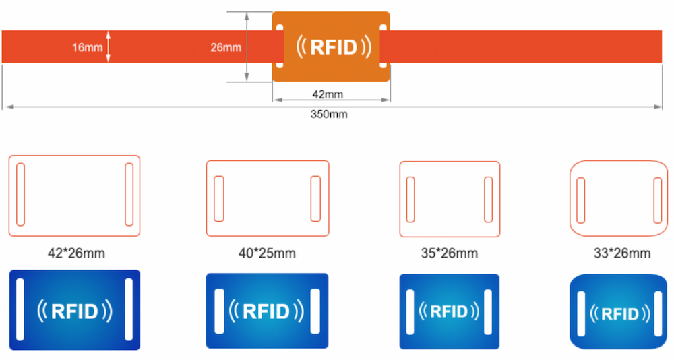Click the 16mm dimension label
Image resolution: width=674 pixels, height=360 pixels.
88,47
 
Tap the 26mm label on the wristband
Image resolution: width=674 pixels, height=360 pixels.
226,47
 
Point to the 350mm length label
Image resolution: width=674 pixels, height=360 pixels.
329,114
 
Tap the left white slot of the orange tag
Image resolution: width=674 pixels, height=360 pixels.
280,47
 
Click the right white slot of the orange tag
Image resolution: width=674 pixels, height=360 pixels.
383,47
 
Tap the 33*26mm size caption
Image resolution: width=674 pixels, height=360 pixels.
621,253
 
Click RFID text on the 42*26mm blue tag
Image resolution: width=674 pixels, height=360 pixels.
74,311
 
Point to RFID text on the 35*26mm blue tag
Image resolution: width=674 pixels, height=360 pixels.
449,311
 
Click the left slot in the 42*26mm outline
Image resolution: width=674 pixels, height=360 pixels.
20,194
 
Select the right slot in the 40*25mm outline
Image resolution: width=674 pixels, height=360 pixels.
315,198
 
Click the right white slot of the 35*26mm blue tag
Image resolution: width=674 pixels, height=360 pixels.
487,311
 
